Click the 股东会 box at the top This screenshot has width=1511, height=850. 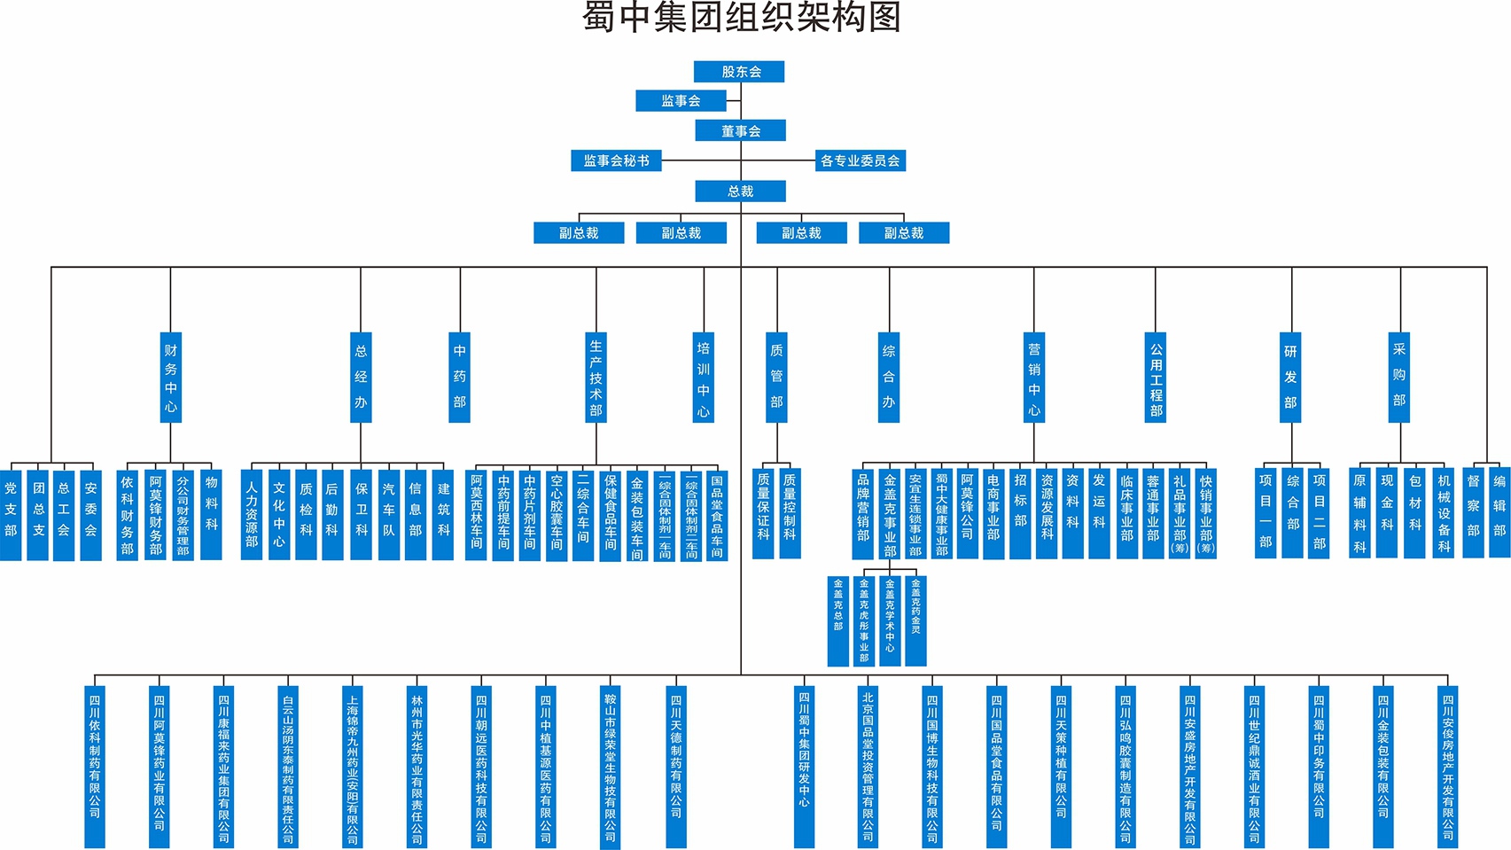739,72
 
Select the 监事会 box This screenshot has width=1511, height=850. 681,101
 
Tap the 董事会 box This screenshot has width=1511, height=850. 740,131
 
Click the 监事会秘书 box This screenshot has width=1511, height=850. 616,160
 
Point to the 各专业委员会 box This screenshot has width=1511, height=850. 860,160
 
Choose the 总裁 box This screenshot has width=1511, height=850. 740,191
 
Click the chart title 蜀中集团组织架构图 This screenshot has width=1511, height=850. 741,18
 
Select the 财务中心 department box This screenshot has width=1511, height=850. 170,378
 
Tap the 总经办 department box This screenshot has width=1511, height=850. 361,378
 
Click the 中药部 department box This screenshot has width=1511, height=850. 459,378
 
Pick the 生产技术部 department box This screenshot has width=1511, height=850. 596,378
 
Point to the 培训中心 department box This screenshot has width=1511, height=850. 703,378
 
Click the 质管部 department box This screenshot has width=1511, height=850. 776,378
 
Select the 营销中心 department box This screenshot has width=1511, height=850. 1033,378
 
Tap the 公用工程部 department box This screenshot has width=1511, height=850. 1156,378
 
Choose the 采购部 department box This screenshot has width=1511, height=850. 1398,378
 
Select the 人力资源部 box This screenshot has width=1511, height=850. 252,514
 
